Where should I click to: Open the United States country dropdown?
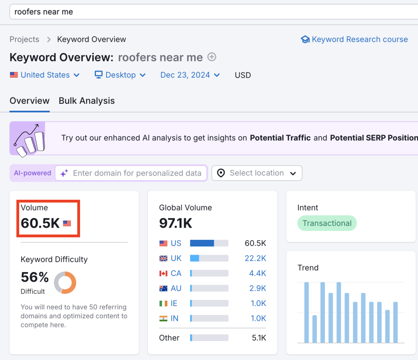pyautogui.click(x=45, y=75)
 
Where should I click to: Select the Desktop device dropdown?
pyautogui.click(x=120, y=75)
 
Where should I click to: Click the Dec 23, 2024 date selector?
pyautogui.click(x=190, y=75)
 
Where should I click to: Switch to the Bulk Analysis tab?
pyautogui.click(x=87, y=101)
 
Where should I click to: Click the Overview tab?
pyautogui.click(x=29, y=101)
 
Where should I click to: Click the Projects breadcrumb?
pyautogui.click(x=24, y=40)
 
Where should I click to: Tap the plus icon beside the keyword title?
pyautogui.click(x=211, y=57)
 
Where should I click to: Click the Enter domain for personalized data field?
pyautogui.click(x=137, y=173)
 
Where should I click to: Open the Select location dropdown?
pyautogui.click(x=257, y=173)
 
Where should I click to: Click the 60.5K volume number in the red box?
pyautogui.click(x=40, y=223)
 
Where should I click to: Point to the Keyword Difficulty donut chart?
pyautogui.click(x=65, y=282)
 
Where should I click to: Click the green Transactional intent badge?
pyautogui.click(x=327, y=224)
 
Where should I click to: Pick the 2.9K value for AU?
pyautogui.click(x=258, y=288)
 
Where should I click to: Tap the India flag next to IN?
pyautogui.click(x=163, y=318)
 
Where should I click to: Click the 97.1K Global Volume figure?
pyautogui.click(x=176, y=223)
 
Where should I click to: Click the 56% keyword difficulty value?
pyautogui.click(x=35, y=277)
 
